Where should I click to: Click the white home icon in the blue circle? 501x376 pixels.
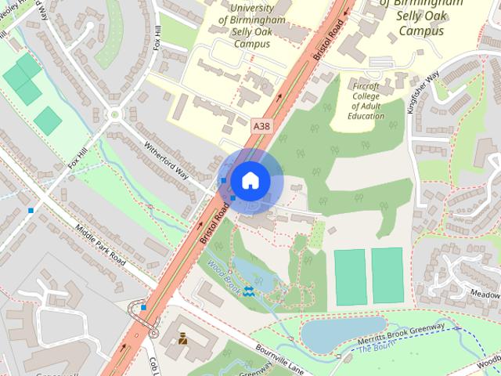[250, 179]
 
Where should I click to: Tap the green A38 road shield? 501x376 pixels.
[262, 125]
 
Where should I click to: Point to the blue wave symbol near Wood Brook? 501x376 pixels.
[248, 291]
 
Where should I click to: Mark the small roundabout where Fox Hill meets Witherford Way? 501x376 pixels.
[116, 114]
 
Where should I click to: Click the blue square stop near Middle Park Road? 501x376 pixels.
[31, 210]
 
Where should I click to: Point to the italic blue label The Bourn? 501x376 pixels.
[374, 349]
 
